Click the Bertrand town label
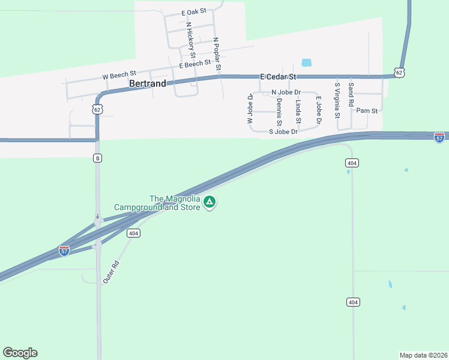tap(147, 84)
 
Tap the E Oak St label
tap(193, 11)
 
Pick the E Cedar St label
tap(278, 77)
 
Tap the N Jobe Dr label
tap(286, 92)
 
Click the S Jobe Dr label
tap(283, 131)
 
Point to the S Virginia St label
tap(338, 100)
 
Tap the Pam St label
tap(367, 111)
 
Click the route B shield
tap(97, 158)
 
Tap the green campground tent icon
tap(209, 203)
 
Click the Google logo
tap(20, 353)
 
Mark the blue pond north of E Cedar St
tap(307, 62)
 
